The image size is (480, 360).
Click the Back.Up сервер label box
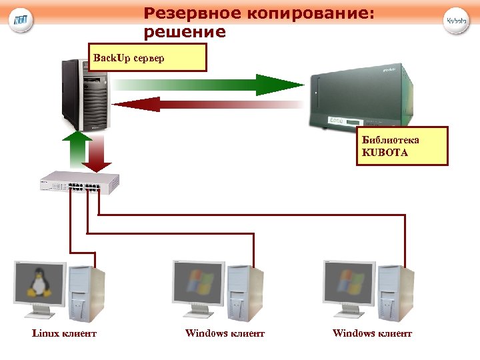coord(148,57)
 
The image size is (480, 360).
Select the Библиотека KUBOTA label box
coord(401,145)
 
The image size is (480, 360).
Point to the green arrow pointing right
coord(207,85)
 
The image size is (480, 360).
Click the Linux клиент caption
coord(64,333)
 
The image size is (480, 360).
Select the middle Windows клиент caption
coord(225,333)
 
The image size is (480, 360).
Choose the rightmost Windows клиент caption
coord(372,333)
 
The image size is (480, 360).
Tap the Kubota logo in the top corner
coord(457,20)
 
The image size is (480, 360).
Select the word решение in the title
coord(185,31)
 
